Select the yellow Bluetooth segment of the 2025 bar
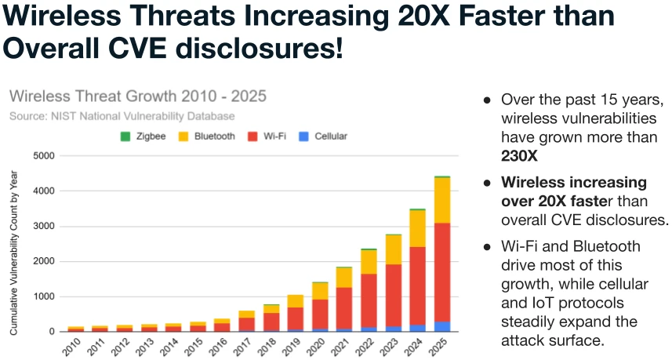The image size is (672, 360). click(442, 200)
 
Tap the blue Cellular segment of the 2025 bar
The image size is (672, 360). click(442, 326)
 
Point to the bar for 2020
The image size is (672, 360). click(320, 307)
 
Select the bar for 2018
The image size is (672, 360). click(271, 318)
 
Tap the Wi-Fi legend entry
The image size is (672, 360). click(267, 136)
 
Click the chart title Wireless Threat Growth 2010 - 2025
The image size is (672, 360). click(138, 96)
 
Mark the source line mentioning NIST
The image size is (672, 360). click(122, 116)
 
